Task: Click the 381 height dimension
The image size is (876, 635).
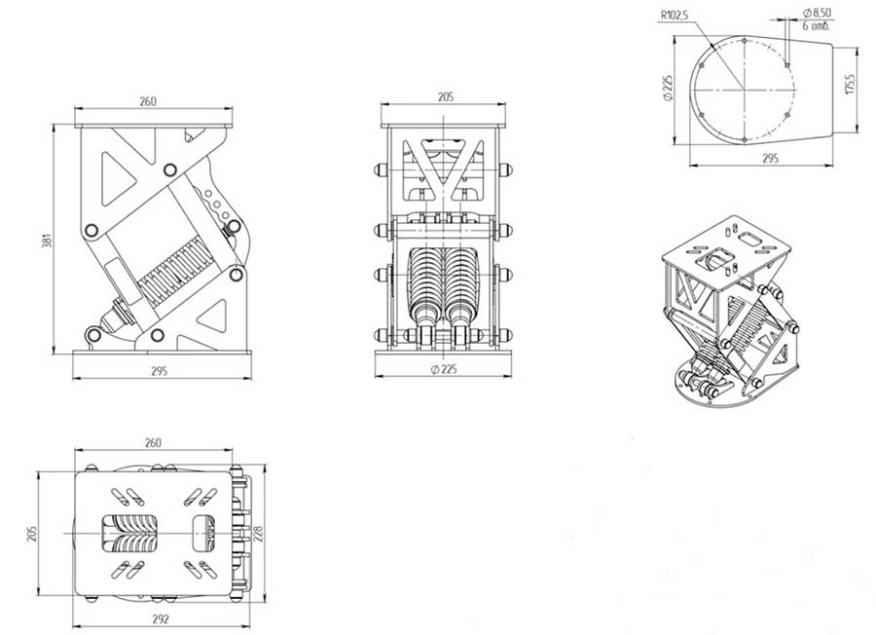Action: click(48, 241)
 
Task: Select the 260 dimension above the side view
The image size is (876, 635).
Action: click(148, 101)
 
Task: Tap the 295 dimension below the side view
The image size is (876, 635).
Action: click(160, 370)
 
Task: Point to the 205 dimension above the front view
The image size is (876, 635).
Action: click(445, 96)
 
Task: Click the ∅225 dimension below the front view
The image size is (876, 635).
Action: click(444, 369)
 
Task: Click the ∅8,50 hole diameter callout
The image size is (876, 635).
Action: click(817, 13)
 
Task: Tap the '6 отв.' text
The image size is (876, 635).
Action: click(817, 25)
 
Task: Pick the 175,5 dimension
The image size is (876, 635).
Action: click(851, 84)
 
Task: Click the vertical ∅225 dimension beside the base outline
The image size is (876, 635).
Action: click(668, 88)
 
